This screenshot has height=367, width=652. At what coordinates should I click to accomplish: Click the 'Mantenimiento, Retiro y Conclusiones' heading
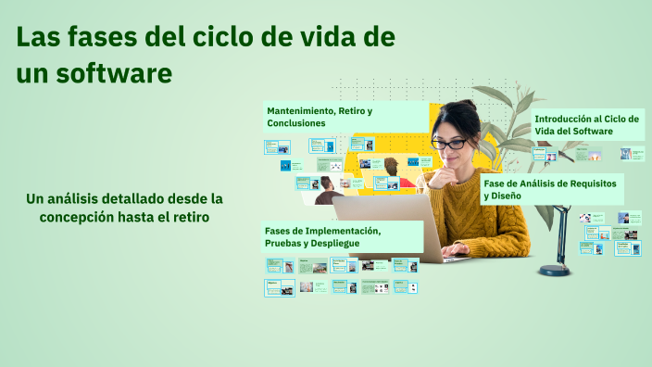[320, 117]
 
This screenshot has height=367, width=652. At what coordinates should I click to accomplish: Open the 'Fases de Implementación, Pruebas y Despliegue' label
[322, 236]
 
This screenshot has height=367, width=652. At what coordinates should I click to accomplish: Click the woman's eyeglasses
[450, 144]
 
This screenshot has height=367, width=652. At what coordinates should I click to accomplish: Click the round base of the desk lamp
[555, 270]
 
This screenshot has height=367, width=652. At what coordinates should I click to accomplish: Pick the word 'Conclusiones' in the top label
[296, 123]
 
